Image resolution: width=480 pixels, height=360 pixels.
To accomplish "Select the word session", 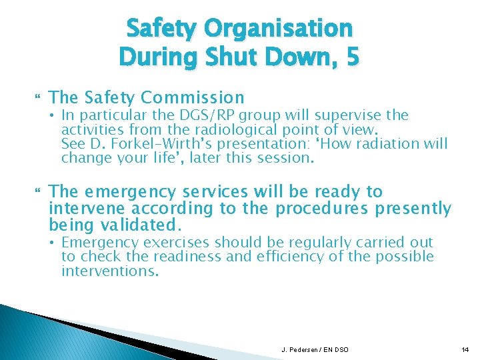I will point(283,159).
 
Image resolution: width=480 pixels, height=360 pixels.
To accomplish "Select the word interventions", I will point(110,271).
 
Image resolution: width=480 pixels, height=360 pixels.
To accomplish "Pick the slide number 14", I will point(465,349).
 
